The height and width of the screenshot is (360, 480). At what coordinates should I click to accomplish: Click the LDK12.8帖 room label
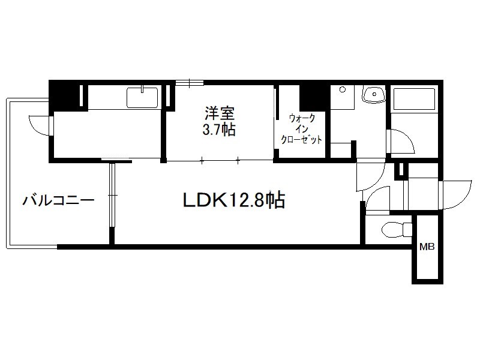tap(234, 200)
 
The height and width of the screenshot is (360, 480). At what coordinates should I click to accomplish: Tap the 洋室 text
tap(220, 113)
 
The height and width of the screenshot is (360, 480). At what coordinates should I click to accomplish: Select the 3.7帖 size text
tap(219, 130)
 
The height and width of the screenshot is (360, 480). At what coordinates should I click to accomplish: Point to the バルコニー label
tap(58, 200)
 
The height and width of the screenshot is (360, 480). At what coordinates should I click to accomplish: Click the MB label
tap(427, 247)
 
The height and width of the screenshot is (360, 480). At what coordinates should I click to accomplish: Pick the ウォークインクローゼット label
tap(302, 129)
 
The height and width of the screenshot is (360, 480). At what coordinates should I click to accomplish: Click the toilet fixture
tap(397, 229)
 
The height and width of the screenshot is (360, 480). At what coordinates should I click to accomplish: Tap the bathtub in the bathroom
tap(414, 99)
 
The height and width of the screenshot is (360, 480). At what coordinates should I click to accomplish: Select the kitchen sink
tap(142, 97)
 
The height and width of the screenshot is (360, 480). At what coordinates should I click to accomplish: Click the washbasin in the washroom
tap(374, 94)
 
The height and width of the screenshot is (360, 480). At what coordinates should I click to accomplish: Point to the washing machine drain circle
tap(343, 89)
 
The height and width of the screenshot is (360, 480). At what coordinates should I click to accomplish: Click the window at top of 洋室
tap(190, 83)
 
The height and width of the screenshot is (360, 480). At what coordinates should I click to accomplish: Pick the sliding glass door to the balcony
tap(112, 195)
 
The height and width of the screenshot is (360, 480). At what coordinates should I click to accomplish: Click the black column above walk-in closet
tap(312, 98)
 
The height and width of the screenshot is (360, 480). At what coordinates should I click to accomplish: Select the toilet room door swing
tap(377, 199)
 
